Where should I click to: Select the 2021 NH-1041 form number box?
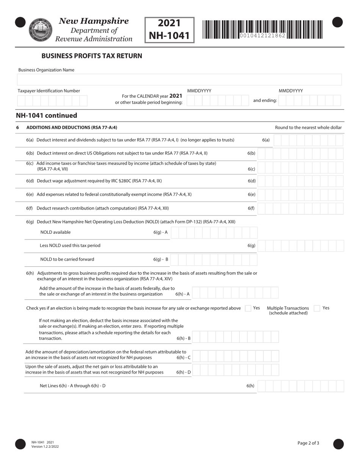pyautogui.click(x=169, y=30)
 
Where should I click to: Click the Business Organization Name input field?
pyautogui.click(x=179, y=80)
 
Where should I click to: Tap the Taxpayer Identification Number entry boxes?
pyautogui.click(x=52, y=101)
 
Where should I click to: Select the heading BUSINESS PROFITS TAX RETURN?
pyautogui.click(x=92, y=56)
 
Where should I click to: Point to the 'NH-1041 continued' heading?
pyautogui.click(x=46, y=116)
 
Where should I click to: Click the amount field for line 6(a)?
pyautogui.click(x=308, y=140)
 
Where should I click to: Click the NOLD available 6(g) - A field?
pyautogui.click(x=214, y=233)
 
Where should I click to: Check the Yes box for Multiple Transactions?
pyautogui.click(x=317, y=308)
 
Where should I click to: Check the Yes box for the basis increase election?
pyautogui.click(x=248, y=308)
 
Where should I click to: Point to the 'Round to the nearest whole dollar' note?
pyautogui.click(x=308, y=128)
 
